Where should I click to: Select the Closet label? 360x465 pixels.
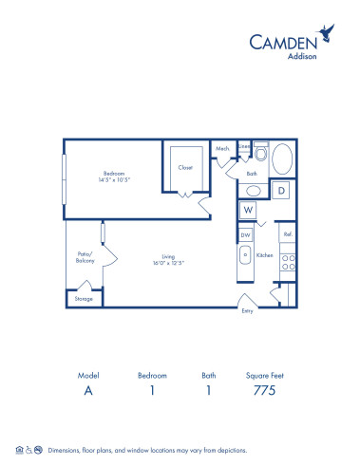tap(185, 167)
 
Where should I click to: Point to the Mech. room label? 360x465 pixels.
tap(222, 149)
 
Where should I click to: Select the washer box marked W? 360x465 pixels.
tap(247, 210)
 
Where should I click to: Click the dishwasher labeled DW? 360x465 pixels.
tap(244, 234)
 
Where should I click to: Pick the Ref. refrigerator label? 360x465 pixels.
tap(287, 233)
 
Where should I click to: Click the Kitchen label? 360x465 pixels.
tap(265, 255)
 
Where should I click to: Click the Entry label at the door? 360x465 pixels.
tap(248, 310)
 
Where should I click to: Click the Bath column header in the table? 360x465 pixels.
tap(207, 374)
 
